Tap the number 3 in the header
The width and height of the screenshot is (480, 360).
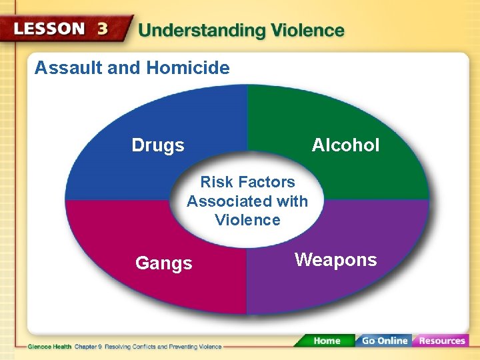(x=103, y=29)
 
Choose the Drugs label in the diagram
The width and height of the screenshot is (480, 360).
(x=158, y=145)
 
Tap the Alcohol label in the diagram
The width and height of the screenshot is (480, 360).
(x=345, y=145)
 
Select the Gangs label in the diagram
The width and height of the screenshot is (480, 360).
(x=163, y=263)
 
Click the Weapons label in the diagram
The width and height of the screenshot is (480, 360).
(x=335, y=260)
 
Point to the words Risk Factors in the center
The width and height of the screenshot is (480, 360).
(x=247, y=182)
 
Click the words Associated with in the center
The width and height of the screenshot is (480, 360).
(x=247, y=201)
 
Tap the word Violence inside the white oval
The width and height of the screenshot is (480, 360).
(x=247, y=220)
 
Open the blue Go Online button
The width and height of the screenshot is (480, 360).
(x=384, y=341)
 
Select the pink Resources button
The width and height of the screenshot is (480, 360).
(x=441, y=341)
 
